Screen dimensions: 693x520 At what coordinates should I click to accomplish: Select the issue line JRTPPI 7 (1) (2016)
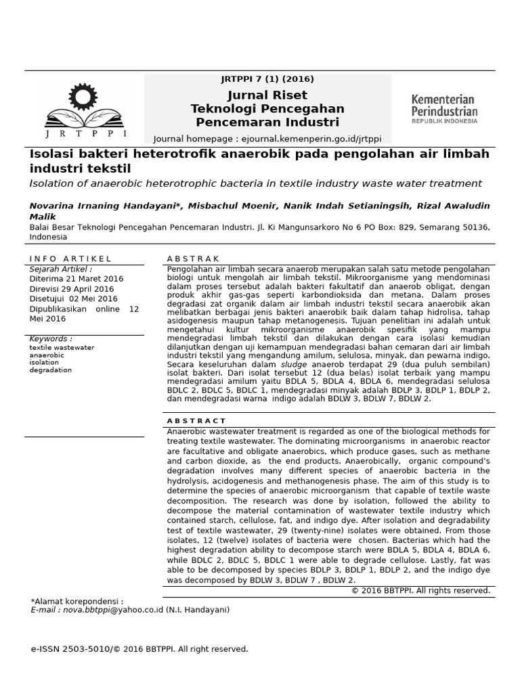pos(267,79)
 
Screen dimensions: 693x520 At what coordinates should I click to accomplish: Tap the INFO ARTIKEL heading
pos(70,259)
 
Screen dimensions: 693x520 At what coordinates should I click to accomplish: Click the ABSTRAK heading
pos(193,259)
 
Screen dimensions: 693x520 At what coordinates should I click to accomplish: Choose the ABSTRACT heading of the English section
pos(196,421)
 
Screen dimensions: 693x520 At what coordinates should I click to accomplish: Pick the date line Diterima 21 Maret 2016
pos(77,279)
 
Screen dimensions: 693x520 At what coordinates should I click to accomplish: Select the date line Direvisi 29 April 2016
pos(72,289)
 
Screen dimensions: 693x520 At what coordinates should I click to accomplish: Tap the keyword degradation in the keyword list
pos(51,370)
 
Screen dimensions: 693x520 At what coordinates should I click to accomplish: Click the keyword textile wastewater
pos(62,347)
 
